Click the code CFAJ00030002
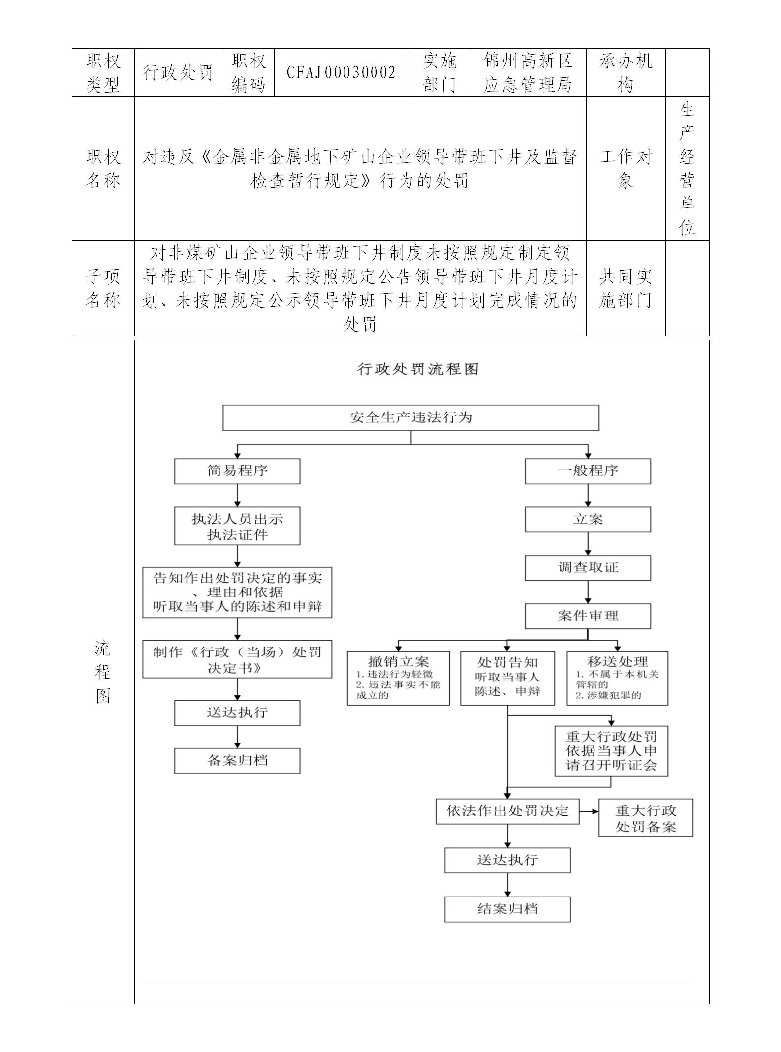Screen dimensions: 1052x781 (x=341, y=73)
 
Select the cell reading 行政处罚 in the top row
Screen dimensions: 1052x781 (x=178, y=73)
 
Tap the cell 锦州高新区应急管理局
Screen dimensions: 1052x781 (x=528, y=73)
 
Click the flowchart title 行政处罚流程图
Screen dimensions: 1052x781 (x=417, y=369)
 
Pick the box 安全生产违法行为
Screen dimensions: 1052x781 (x=410, y=418)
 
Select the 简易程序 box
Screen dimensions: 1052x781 (x=237, y=471)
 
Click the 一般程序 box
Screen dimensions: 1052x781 (x=588, y=471)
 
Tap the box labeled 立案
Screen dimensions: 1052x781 (x=588, y=519)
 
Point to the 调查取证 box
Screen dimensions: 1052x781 (x=588, y=567)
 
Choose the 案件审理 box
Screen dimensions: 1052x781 (x=588, y=616)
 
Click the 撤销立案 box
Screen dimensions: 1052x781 (x=398, y=678)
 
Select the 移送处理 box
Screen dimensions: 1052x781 (x=617, y=678)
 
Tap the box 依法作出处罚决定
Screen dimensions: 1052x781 (x=507, y=811)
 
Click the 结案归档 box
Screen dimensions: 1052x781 (x=507, y=909)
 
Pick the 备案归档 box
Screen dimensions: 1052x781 (x=237, y=761)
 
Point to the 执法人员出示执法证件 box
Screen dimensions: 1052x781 (x=237, y=526)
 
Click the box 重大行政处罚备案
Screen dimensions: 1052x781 (x=645, y=818)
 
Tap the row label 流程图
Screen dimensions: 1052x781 (x=103, y=672)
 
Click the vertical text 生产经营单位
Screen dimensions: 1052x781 (x=687, y=168)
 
